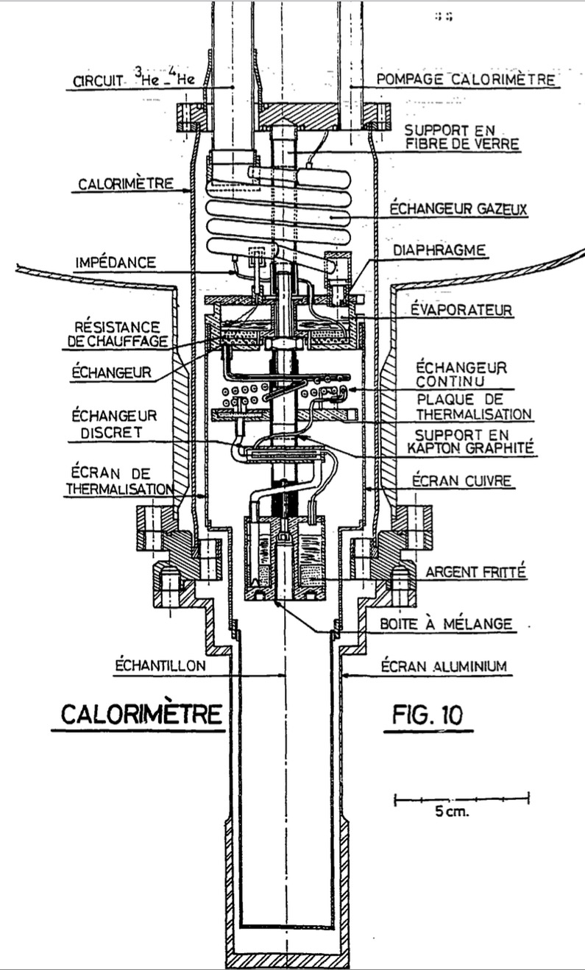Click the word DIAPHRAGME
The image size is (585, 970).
coord(440,250)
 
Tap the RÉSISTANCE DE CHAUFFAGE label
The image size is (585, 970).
coord(122,333)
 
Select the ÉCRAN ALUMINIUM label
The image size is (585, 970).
coord(444,667)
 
